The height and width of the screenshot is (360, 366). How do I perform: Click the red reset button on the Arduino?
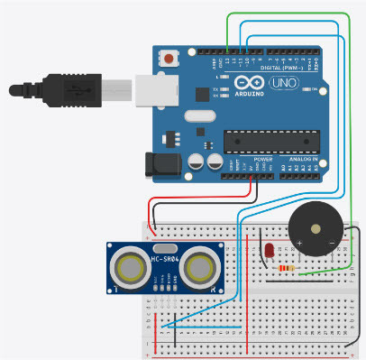pyautogui.click(x=169, y=60)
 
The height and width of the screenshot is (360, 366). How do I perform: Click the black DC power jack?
pyautogui.click(x=159, y=164)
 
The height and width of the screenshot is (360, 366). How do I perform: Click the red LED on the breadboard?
pyautogui.click(x=269, y=251)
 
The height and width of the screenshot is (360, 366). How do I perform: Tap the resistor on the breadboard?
pyautogui.click(x=288, y=268)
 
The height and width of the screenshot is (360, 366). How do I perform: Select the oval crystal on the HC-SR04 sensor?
pyautogui.click(x=165, y=247)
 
